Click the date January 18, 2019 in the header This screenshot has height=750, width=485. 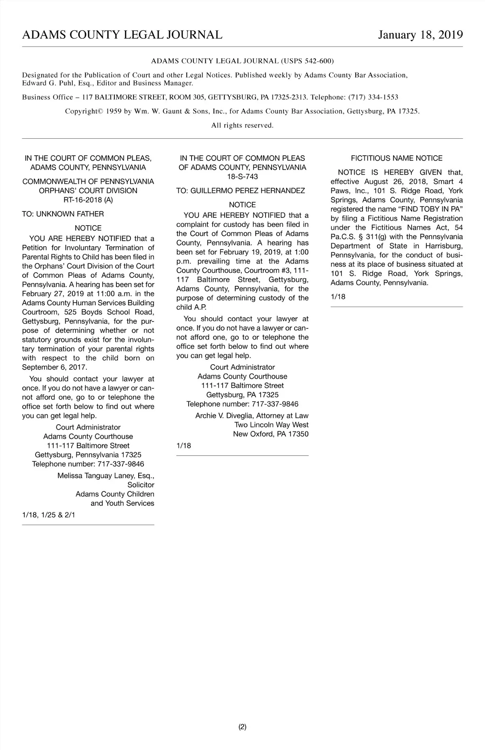420,35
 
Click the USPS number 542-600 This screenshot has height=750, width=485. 318,61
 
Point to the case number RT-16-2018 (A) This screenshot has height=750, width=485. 88,200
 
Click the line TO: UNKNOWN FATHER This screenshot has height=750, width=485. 63,214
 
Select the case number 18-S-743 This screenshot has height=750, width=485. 242,177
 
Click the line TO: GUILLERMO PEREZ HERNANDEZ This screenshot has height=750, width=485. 240,190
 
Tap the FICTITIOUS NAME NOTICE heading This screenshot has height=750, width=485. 396,158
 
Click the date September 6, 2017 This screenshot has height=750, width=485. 54,367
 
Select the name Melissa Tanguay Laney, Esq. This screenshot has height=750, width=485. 105,475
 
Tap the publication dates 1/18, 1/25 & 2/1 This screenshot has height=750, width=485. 48,515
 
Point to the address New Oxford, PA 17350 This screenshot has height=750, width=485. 270,434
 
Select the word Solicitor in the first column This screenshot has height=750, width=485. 141,485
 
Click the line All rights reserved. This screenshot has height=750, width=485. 242,125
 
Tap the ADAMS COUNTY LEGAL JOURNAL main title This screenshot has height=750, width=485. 122,35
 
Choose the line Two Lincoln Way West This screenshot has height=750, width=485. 271,425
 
